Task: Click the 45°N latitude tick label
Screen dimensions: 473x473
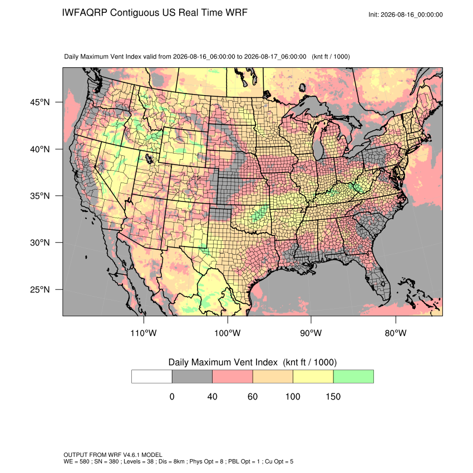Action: pyautogui.click(x=40, y=102)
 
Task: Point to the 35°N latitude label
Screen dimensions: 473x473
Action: pyautogui.click(x=40, y=196)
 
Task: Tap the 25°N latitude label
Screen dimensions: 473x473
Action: pyautogui.click(x=40, y=289)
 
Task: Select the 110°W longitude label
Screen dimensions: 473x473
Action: pyautogui.click(x=144, y=333)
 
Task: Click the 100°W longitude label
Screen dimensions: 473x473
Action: pyautogui.click(x=228, y=333)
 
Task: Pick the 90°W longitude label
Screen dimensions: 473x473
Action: pyautogui.click(x=311, y=333)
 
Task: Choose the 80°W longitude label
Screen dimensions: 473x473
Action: pyautogui.click(x=396, y=333)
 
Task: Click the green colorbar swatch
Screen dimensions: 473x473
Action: pyautogui.click(x=353, y=377)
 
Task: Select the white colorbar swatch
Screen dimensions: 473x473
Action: pyautogui.click(x=152, y=377)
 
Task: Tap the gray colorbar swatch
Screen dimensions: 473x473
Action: pyautogui.click(x=192, y=377)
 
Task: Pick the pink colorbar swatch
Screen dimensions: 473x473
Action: pyautogui.click(x=233, y=377)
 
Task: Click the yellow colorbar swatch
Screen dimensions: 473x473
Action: pyautogui.click(x=313, y=377)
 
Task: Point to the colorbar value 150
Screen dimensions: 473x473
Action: pyautogui.click(x=333, y=396)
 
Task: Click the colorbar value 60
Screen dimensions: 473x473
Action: pyautogui.click(x=253, y=396)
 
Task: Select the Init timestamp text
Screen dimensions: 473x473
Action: pyautogui.click(x=406, y=15)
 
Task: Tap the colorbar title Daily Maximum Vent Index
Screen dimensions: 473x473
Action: pyautogui.click(x=223, y=362)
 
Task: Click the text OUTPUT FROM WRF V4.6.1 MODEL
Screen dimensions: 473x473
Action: pyautogui.click(x=113, y=455)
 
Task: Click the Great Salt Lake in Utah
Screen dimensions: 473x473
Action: pyautogui.click(x=149, y=159)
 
